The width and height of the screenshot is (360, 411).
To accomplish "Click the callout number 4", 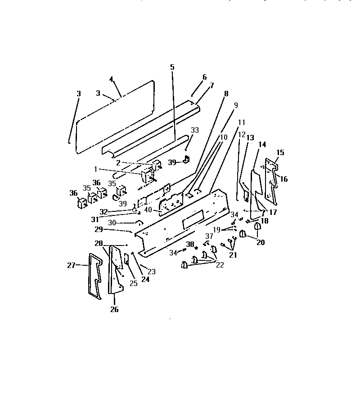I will [x=111, y=80].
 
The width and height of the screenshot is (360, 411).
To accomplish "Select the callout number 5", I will [x=172, y=67].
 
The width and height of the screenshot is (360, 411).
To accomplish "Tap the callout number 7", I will [x=211, y=85].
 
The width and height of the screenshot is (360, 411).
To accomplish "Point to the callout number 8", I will [x=226, y=94].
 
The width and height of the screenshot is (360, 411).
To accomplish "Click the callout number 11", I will [x=242, y=122].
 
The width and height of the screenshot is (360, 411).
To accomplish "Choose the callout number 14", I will [x=262, y=144].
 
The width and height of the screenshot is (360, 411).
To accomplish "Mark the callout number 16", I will [x=284, y=179].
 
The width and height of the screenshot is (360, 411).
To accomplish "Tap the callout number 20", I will [x=261, y=242].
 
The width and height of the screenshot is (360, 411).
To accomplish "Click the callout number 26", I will [x=114, y=309].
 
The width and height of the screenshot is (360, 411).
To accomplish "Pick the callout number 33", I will [x=194, y=130].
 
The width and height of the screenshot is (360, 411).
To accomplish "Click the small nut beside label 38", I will [x=196, y=248].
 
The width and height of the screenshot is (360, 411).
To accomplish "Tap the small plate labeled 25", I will [x=126, y=259].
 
